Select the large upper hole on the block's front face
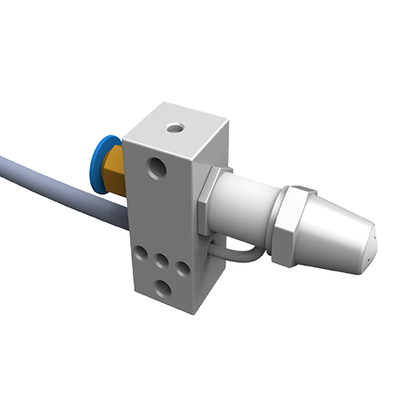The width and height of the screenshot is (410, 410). pos(156,169)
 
